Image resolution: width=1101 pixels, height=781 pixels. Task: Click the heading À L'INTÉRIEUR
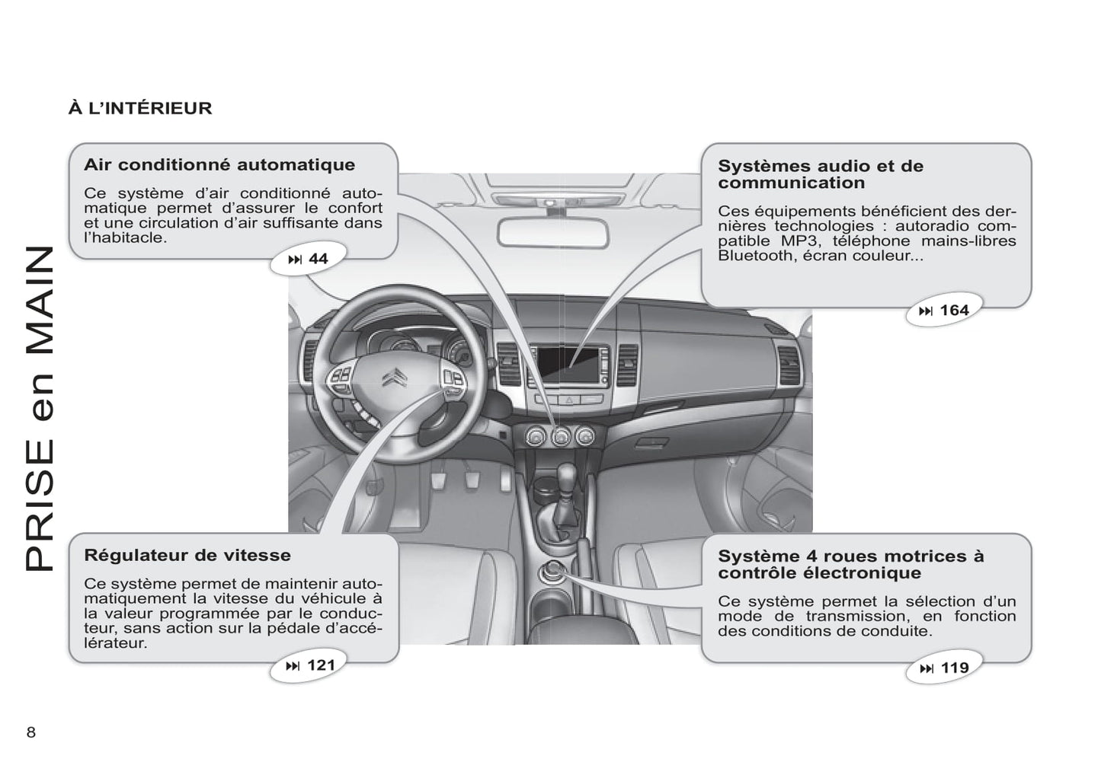140,108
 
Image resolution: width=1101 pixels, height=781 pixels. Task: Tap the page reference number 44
318,258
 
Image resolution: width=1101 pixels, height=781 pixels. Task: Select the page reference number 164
954,310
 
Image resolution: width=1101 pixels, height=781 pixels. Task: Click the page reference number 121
321,665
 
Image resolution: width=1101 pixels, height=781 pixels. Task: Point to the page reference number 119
955,668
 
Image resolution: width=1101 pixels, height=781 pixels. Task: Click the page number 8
31,732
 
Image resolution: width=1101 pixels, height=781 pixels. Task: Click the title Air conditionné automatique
219,164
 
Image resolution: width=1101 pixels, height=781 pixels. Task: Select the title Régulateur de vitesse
187,555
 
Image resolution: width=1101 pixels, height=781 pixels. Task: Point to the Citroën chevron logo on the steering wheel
395,378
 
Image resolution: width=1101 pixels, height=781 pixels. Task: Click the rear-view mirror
553,232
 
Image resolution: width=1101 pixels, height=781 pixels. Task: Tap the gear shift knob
567,474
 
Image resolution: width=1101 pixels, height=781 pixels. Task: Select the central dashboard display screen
568,365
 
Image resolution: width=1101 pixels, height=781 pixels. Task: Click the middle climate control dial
560,436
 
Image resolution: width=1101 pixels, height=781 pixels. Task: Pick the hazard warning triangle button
569,400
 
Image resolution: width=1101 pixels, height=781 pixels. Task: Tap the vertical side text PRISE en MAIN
40,409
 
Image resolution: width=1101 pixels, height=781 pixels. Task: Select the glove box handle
652,444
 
